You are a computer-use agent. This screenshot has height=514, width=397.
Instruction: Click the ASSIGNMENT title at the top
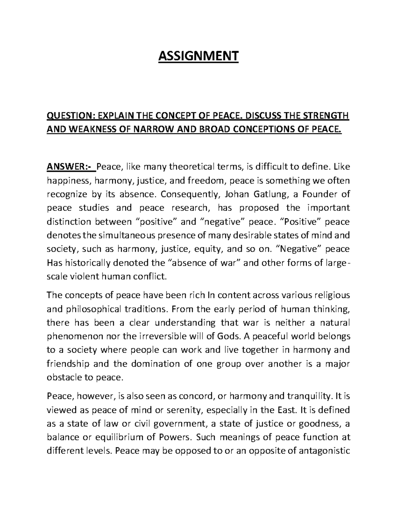(198, 56)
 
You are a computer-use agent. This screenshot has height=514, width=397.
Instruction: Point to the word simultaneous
(132, 236)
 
